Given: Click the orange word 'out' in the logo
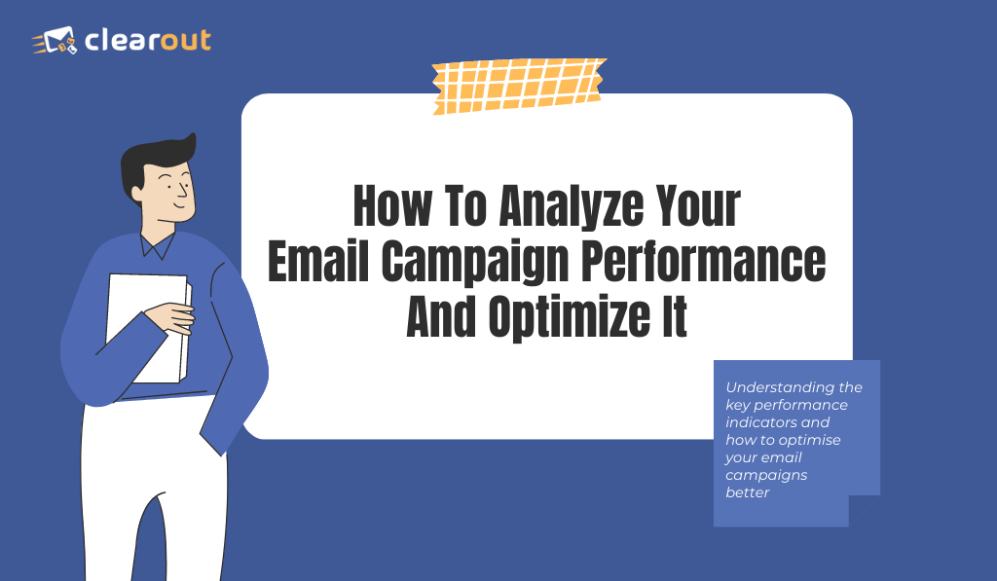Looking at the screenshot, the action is point(186,40).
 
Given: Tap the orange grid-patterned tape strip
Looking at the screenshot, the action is point(518,86).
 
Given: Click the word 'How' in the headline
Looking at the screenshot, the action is point(391,206).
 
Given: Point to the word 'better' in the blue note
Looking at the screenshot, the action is point(747,492).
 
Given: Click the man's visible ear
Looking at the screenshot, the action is point(135,193).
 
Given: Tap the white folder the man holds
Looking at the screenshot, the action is point(148,328).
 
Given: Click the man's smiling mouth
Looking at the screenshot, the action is point(180,204).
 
